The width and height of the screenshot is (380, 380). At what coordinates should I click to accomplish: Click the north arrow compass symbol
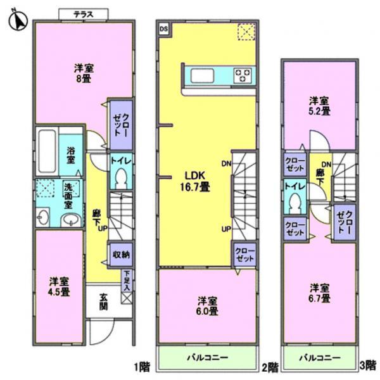tap(17, 20)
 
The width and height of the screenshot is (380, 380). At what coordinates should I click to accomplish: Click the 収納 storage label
tap(122, 255)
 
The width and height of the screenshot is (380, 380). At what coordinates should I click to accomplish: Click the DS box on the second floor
tap(163, 28)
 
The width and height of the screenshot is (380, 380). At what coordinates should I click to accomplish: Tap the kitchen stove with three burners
tap(243, 75)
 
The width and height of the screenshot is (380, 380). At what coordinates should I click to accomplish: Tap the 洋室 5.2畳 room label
tap(319, 106)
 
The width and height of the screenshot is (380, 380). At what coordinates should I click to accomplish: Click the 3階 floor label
tap(370, 367)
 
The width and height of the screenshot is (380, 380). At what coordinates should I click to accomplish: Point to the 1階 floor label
tap(141, 367)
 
